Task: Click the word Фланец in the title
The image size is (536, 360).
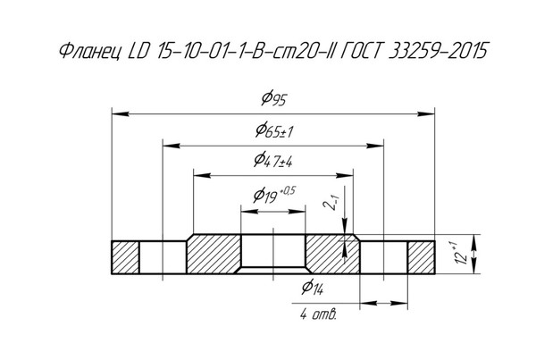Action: pos(89,52)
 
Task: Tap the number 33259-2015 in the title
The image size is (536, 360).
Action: pos(439,51)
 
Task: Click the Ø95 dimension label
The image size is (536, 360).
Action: pos(273,98)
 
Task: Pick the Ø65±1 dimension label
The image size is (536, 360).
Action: pos(274,130)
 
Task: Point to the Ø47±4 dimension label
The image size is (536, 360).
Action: pos(273,160)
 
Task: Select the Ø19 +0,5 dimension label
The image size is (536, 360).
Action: pos(274,195)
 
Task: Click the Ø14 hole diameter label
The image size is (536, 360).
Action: pos(313,287)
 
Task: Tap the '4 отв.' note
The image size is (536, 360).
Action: pos(318,314)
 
